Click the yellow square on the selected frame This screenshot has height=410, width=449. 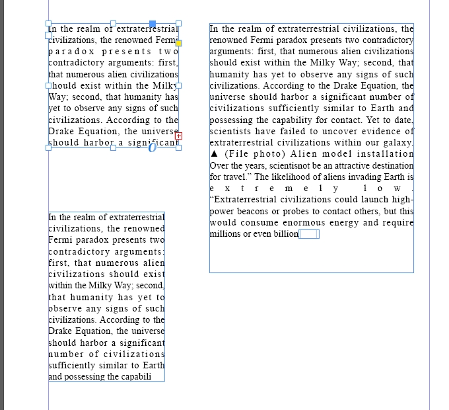(178, 43)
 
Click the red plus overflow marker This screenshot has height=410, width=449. (179, 136)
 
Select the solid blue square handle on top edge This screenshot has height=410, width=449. (153, 24)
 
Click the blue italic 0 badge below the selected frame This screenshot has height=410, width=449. (153, 147)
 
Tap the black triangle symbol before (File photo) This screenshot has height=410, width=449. (213, 154)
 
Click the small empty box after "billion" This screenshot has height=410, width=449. (309, 234)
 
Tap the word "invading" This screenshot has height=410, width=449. (364, 177)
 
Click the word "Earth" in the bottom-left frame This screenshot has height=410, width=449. (153, 366)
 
